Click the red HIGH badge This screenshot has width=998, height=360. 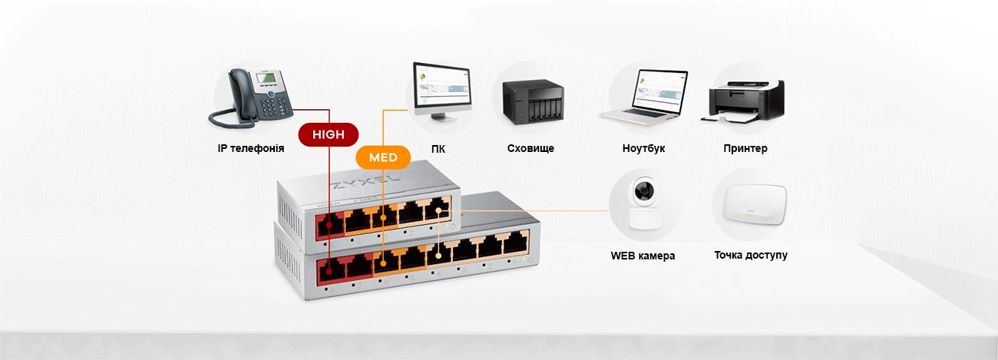(328, 134)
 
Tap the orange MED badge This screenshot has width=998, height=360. (383, 157)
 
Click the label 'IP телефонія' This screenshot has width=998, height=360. (251, 148)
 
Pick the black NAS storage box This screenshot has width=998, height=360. (531, 100)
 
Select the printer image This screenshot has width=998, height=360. (744, 100)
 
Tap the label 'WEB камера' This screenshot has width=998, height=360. (643, 256)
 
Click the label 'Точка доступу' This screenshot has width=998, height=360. (751, 255)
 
